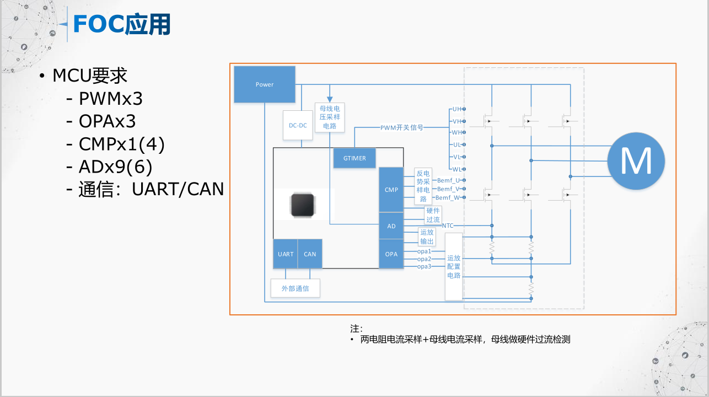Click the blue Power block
pyautogui.click(x=265, y=84)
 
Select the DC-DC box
pyautogui.click(x=298, y=125)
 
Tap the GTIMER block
pyautogui.click(x=354, y=158)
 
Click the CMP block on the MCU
pyautogui.click(x=391, y=190)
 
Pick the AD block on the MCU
pyautogui.click(x=391, y=226)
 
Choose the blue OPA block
pyautogui.click(x=391, y=254)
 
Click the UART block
pyautogui.click(x=286, y=254)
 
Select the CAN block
pyautogui.click(x=310, y=254)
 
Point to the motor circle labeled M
pyautogui.click(x=636, y=161)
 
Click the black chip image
pyautogui.click(x=304, y=205)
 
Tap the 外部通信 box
pyautogui.click(x=295, y=288)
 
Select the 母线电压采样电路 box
pyautogui.click(x=330, y=117)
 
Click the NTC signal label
pyautogui.click(x=448, y=226)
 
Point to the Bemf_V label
pyautogui.click(x=448, y=189)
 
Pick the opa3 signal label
pyautogui.click(x=424, y=266)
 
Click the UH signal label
pyautogui.click(x=456, y=109)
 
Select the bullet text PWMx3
pyautogui.click(x=110, y=99)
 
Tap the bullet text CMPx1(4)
pyautogui.click(x=121, y=144)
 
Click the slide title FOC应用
pyautogui.click(x=121, y=24)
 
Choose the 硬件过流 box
pyautogui.click(x=433, y=215)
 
